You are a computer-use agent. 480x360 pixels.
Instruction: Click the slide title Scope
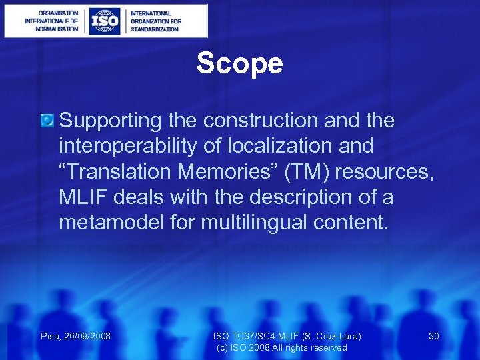(x=239, y=64)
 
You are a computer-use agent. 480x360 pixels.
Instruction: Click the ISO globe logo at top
(x=105, y=21)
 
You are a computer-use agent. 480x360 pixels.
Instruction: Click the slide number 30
(x=433, y=336)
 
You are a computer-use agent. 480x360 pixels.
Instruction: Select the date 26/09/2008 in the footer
(x=87, y=336)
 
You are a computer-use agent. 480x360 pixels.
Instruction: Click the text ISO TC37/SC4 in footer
(x=241, y=336)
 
